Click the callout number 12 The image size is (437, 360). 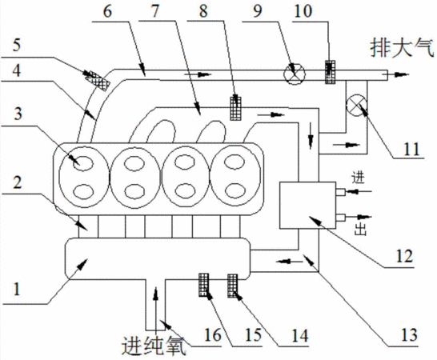[x=404, y=256]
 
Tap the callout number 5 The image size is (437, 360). [x=17, y=45]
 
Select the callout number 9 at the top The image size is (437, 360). [x=257, y=11]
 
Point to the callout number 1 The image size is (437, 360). [x=17, y=289]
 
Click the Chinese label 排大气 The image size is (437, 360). [x=402, y=48]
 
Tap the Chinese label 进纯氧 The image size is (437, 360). [x=154, y=346]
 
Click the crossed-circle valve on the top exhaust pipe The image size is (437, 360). [x=295, y=74]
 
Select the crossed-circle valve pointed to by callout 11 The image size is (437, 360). [x=356, y=106]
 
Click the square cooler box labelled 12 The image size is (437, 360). [x=307, y=206]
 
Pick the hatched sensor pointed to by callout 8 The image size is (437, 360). [x=236, y=108]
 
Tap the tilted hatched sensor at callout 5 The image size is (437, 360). [x=98, y=80]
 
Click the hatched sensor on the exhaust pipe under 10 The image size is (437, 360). [x=331, y=72]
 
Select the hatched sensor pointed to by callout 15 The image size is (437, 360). [x=233, y=286]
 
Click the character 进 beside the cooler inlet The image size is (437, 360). [x=358, y=178]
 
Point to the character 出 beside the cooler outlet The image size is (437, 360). [x=360, y=230]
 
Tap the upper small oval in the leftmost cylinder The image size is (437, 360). [x=82, y=162]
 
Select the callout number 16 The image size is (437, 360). [x=213, y=334]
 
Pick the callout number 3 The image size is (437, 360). [x=18, y=114]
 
